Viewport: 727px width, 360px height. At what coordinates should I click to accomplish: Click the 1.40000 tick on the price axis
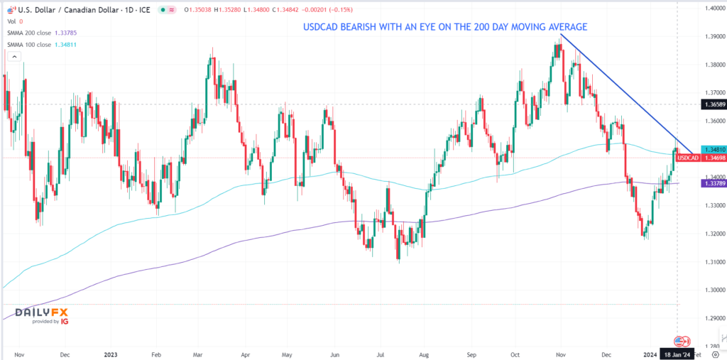[709, 9]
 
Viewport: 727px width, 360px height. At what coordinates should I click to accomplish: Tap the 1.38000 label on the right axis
[709, 65]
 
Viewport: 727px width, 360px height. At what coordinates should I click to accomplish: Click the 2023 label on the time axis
[110, 353]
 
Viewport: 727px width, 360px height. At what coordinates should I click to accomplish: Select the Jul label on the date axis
[381, 353]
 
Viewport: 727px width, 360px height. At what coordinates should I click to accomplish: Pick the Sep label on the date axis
[469, 353]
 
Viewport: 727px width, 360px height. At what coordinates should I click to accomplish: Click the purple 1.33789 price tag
[711, 183]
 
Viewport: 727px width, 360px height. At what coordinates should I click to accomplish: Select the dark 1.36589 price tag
[711, 104]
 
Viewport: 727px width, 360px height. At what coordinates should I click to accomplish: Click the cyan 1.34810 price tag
[711, 150]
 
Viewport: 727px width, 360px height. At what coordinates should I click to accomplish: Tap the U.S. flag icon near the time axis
[678, 341]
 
